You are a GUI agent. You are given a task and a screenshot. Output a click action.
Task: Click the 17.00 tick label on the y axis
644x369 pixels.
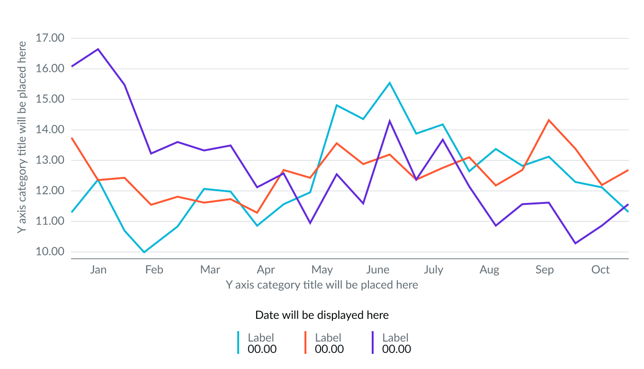click(50, 38)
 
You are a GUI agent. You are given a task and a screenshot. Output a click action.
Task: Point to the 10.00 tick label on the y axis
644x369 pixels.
click(50, 252)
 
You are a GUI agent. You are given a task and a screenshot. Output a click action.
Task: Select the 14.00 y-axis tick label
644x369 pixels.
click(50, 130)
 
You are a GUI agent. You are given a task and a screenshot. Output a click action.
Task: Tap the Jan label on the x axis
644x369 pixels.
click(98, 270)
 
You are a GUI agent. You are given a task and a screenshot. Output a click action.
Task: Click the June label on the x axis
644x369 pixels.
click(377, 270)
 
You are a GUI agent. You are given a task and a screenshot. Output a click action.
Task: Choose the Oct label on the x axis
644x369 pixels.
click(600, 270)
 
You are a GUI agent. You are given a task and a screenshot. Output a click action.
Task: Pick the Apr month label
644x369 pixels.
click(266, 270)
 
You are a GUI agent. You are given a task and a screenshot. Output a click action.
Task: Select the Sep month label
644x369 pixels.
click(545, 270)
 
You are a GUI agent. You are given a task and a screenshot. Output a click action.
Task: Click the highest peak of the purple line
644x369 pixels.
click(98, 49)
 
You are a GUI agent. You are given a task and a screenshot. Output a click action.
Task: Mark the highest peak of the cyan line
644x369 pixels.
click(390, 83)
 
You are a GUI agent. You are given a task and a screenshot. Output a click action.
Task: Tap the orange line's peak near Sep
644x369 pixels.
click(548, 120)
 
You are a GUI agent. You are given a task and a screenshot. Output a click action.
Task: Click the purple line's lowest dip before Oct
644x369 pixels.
click(575, 243)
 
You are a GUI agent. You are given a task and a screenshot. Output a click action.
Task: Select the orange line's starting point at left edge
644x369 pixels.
click(72, 138)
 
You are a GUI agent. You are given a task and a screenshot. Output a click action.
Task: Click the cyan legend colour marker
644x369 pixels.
click(238, 343)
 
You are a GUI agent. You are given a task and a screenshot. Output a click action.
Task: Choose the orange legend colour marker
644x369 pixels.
click(305, 343)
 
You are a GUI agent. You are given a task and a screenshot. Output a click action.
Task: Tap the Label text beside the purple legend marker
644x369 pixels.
click(395, 337)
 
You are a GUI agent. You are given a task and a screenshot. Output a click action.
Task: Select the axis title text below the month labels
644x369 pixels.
click(322, 285)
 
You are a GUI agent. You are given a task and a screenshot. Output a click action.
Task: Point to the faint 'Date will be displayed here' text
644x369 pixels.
click(322, 315)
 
